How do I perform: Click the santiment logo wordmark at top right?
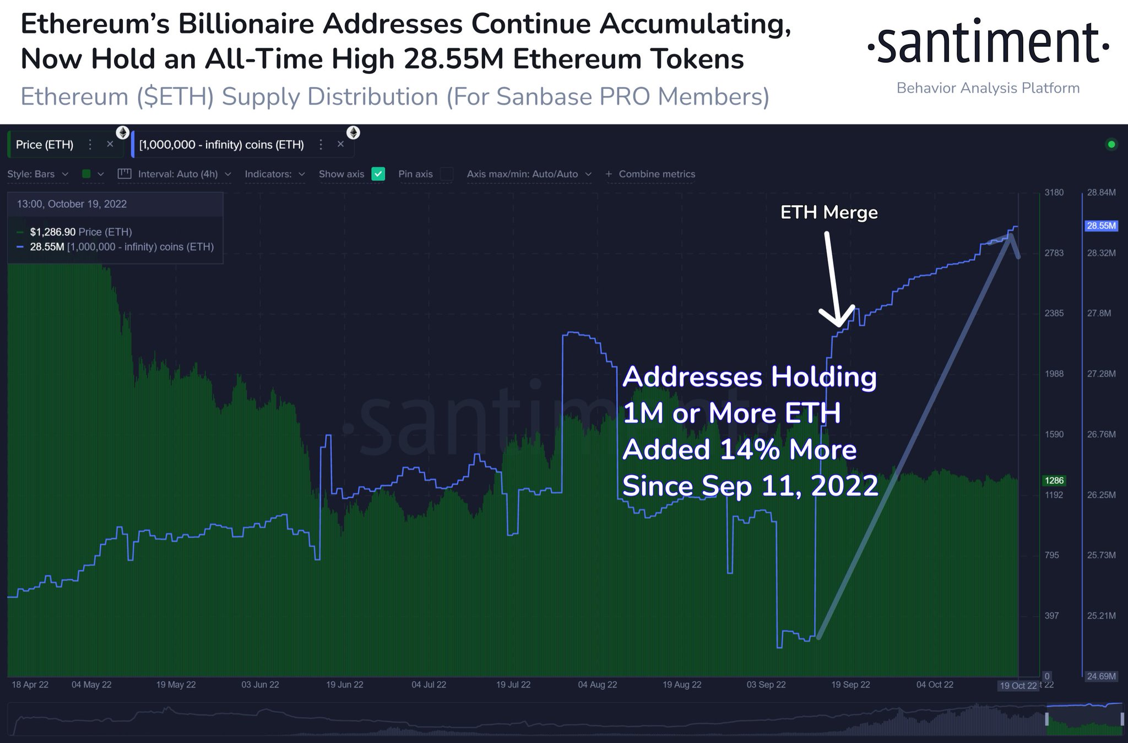click(x=988, y=43)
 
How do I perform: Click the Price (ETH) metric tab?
click(x=45, y=144)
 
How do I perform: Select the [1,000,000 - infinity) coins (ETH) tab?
click(x=221, y=144)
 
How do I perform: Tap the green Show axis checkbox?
click(x=378, y=174)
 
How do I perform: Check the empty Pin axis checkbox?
click(x=447, y=174)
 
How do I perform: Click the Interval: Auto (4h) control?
click(x=178, y=174)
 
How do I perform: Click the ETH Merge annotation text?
click(x=829, y=212)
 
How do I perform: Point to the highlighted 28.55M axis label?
click(x=1101, y=226)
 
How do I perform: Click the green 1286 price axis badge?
click(x=1054, y=481)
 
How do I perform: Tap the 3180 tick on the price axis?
click(x=1054, y=192)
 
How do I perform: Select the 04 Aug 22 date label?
click(x=598, y=685)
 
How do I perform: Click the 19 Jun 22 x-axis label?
click(x=345, y=685)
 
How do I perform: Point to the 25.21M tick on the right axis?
click(x=1101, y=616)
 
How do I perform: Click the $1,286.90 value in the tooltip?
click(x=53, y=232)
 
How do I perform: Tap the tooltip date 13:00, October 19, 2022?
click(x=72, y=204)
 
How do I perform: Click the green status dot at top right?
click(x=1111, y=144)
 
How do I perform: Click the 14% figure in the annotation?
click(x=750, y=450)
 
